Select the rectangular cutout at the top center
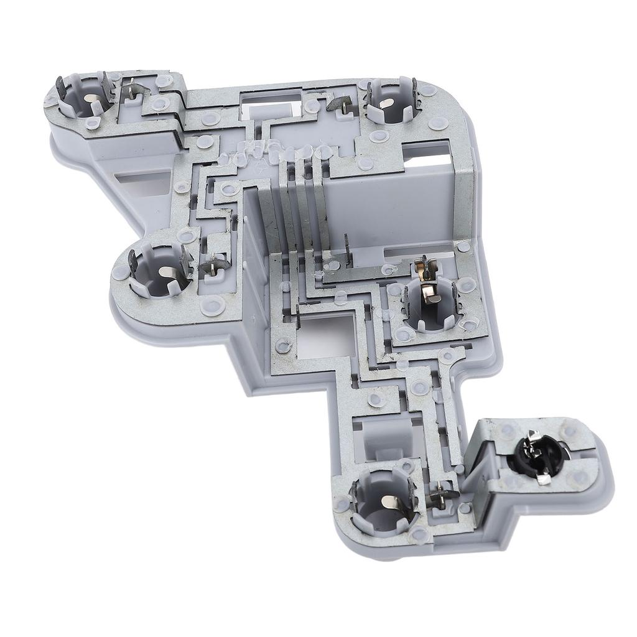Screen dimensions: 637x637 pyautogui.click(x=270, y=103)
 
